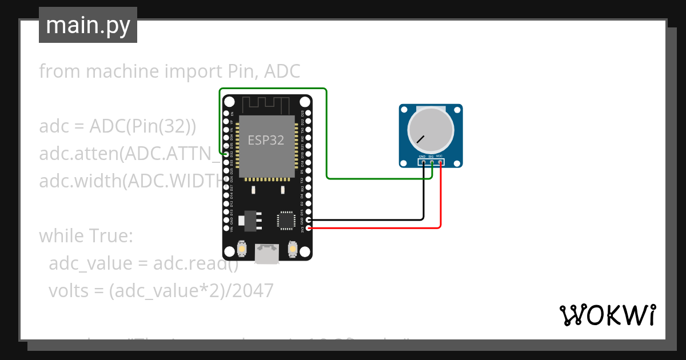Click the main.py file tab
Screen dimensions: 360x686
point(87,26)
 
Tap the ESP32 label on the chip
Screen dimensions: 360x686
point(266,141)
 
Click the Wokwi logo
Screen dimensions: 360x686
point(607,315)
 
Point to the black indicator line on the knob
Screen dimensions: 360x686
point(421,139)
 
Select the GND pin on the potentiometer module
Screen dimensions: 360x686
point(423,162)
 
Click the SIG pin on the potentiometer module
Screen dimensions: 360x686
point(432,162)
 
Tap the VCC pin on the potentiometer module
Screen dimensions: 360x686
point(440,162)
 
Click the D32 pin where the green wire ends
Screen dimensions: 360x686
point(226,154)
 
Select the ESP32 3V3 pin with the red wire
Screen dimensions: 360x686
point(309,228)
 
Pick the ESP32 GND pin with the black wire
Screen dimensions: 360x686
point(309,219)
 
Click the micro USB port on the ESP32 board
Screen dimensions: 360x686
point(268,253)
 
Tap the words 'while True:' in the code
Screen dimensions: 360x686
point(86,235)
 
